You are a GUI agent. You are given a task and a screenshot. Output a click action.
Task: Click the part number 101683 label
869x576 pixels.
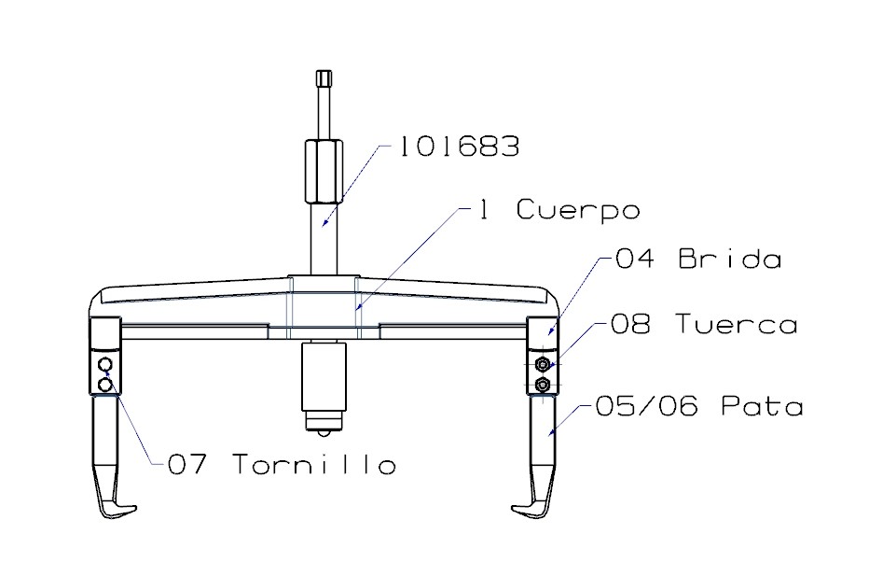click(x=458, y=147)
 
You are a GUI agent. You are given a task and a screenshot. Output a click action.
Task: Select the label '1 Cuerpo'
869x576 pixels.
click(x=559, y=211)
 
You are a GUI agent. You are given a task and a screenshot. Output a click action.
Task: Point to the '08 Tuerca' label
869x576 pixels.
click(x=704, y=325)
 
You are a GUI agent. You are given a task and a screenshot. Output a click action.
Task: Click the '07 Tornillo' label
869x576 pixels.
click(x=281, y=464)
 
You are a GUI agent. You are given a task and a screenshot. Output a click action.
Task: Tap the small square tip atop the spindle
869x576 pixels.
click(x=324, y=78)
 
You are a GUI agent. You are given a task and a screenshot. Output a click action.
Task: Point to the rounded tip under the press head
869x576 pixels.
click(x=323, y=428)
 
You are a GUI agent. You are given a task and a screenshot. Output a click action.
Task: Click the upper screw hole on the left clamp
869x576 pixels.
click(x=106, y=363)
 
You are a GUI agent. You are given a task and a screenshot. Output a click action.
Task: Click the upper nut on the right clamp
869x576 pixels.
click(x=542, y=363)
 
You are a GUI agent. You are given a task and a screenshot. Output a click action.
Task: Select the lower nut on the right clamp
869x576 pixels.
click(x=542, y=384)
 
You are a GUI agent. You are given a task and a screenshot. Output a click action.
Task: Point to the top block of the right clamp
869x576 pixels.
click(x=542, y=330)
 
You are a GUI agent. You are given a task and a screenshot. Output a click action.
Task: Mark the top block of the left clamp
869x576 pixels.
click(x=105, y=330)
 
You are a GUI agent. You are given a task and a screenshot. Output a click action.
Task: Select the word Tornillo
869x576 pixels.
click(x=312, y=464)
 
